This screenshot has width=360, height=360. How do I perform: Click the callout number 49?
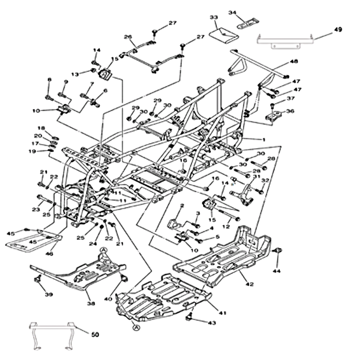click(x=338, y=30)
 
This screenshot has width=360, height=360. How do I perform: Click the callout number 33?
click(x=214, y=17)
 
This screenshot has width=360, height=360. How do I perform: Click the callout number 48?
click(x=294, y=61)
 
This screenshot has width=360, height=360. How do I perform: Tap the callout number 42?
click(x=250, y=284)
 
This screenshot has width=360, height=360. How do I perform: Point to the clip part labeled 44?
click(x=278, y=251)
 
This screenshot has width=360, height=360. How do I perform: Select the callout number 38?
click(x=91, y=304)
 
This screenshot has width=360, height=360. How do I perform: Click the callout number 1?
click(x=264, y=139)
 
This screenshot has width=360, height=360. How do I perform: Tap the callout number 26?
click(x=127, y=36)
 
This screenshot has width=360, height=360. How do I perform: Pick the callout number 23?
click(x=36, y=209)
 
